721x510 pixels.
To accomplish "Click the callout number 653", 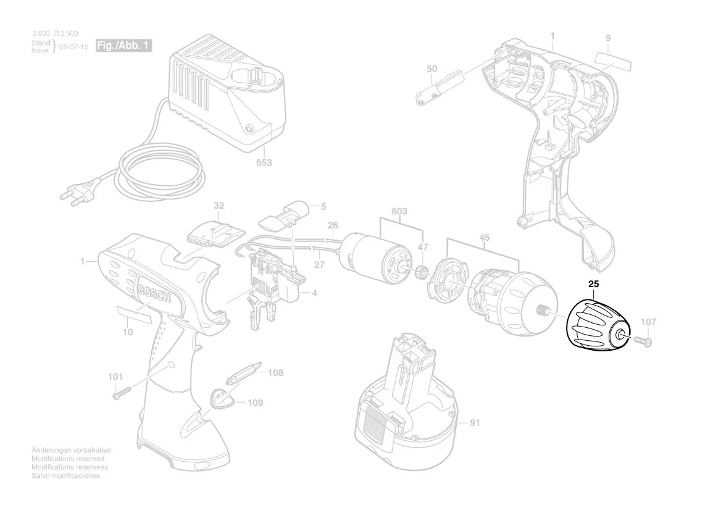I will click(x=264, y=163).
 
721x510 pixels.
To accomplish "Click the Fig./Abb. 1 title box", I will click(x=123, y=46).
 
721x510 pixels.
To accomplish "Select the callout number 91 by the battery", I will click(x=475, y=424).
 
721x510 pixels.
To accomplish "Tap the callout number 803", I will click(x=399, y=212).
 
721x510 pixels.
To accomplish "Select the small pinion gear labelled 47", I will click(x=423, y=272).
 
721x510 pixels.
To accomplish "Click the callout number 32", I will click(x=219, y=204).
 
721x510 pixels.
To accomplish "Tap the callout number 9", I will click(x=608, y=38).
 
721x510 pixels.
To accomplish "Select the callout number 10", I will click(x=128, y=333).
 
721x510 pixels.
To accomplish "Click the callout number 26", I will click(x=333, y=226).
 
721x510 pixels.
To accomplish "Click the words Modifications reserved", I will click(x=68, y=459).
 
